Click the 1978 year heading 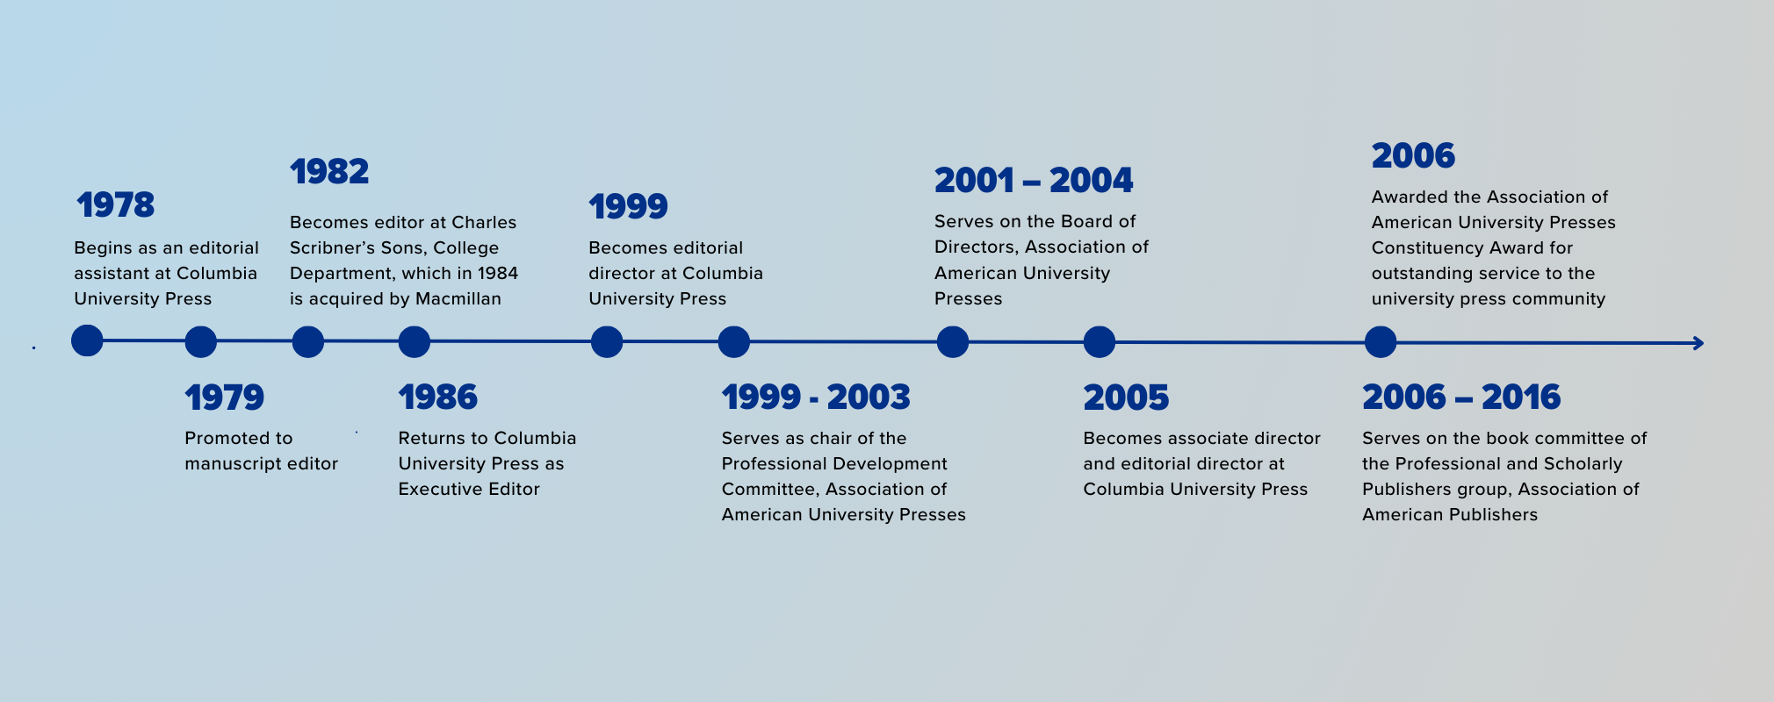pyautogui.click(x=115, y=205)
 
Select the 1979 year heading pyautogui.click(x=224, y=398)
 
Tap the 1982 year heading pyautogui.click(x=329, y=172)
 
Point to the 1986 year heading pyautogui.click(x=437, y=398)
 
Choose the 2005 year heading pyautogui.click(x=1126, y=398)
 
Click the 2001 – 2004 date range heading pyautogui.click(x=1034, y=181)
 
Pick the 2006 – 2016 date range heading pyautogui.click(x=1461, y=398)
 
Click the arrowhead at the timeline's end pyautogui.click(x=1698, y=343)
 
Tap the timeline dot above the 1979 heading pyautogui.click(x=201, y=341)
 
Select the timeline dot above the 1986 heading pyautogui.click(x=415, y=341)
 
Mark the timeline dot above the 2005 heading pyautogui.click(x=1100, y=341)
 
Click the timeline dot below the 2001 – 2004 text pyautogui.click(x=953, y=341)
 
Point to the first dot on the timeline pyautogui.click(x=87, y=340)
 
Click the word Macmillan pyautogui.click(x=458, y=299)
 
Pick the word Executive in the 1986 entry pyautogui.click(x=436, y=489)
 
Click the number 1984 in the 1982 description pyautogui.click(x=497, y=274)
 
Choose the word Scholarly pyautogui.click(x=1582, y=464)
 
